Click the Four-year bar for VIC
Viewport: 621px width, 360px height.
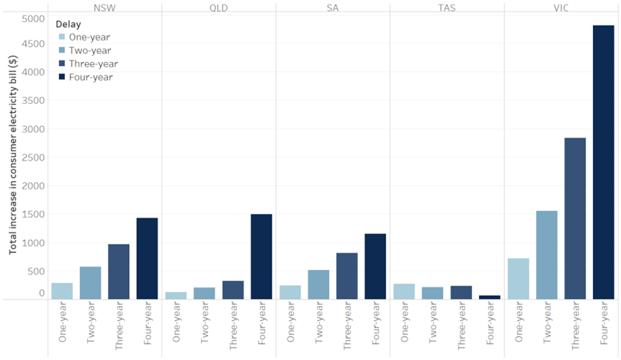pos(604,162)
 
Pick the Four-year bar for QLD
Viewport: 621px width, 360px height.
pos(262,256)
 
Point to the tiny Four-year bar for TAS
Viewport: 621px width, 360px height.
pos(490,297)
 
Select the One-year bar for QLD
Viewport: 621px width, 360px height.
pos(176,295)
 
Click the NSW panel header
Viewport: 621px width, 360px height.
pos(104,7)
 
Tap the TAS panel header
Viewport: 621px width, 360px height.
pos(447,7)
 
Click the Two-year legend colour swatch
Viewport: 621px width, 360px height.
pos(61,50)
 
